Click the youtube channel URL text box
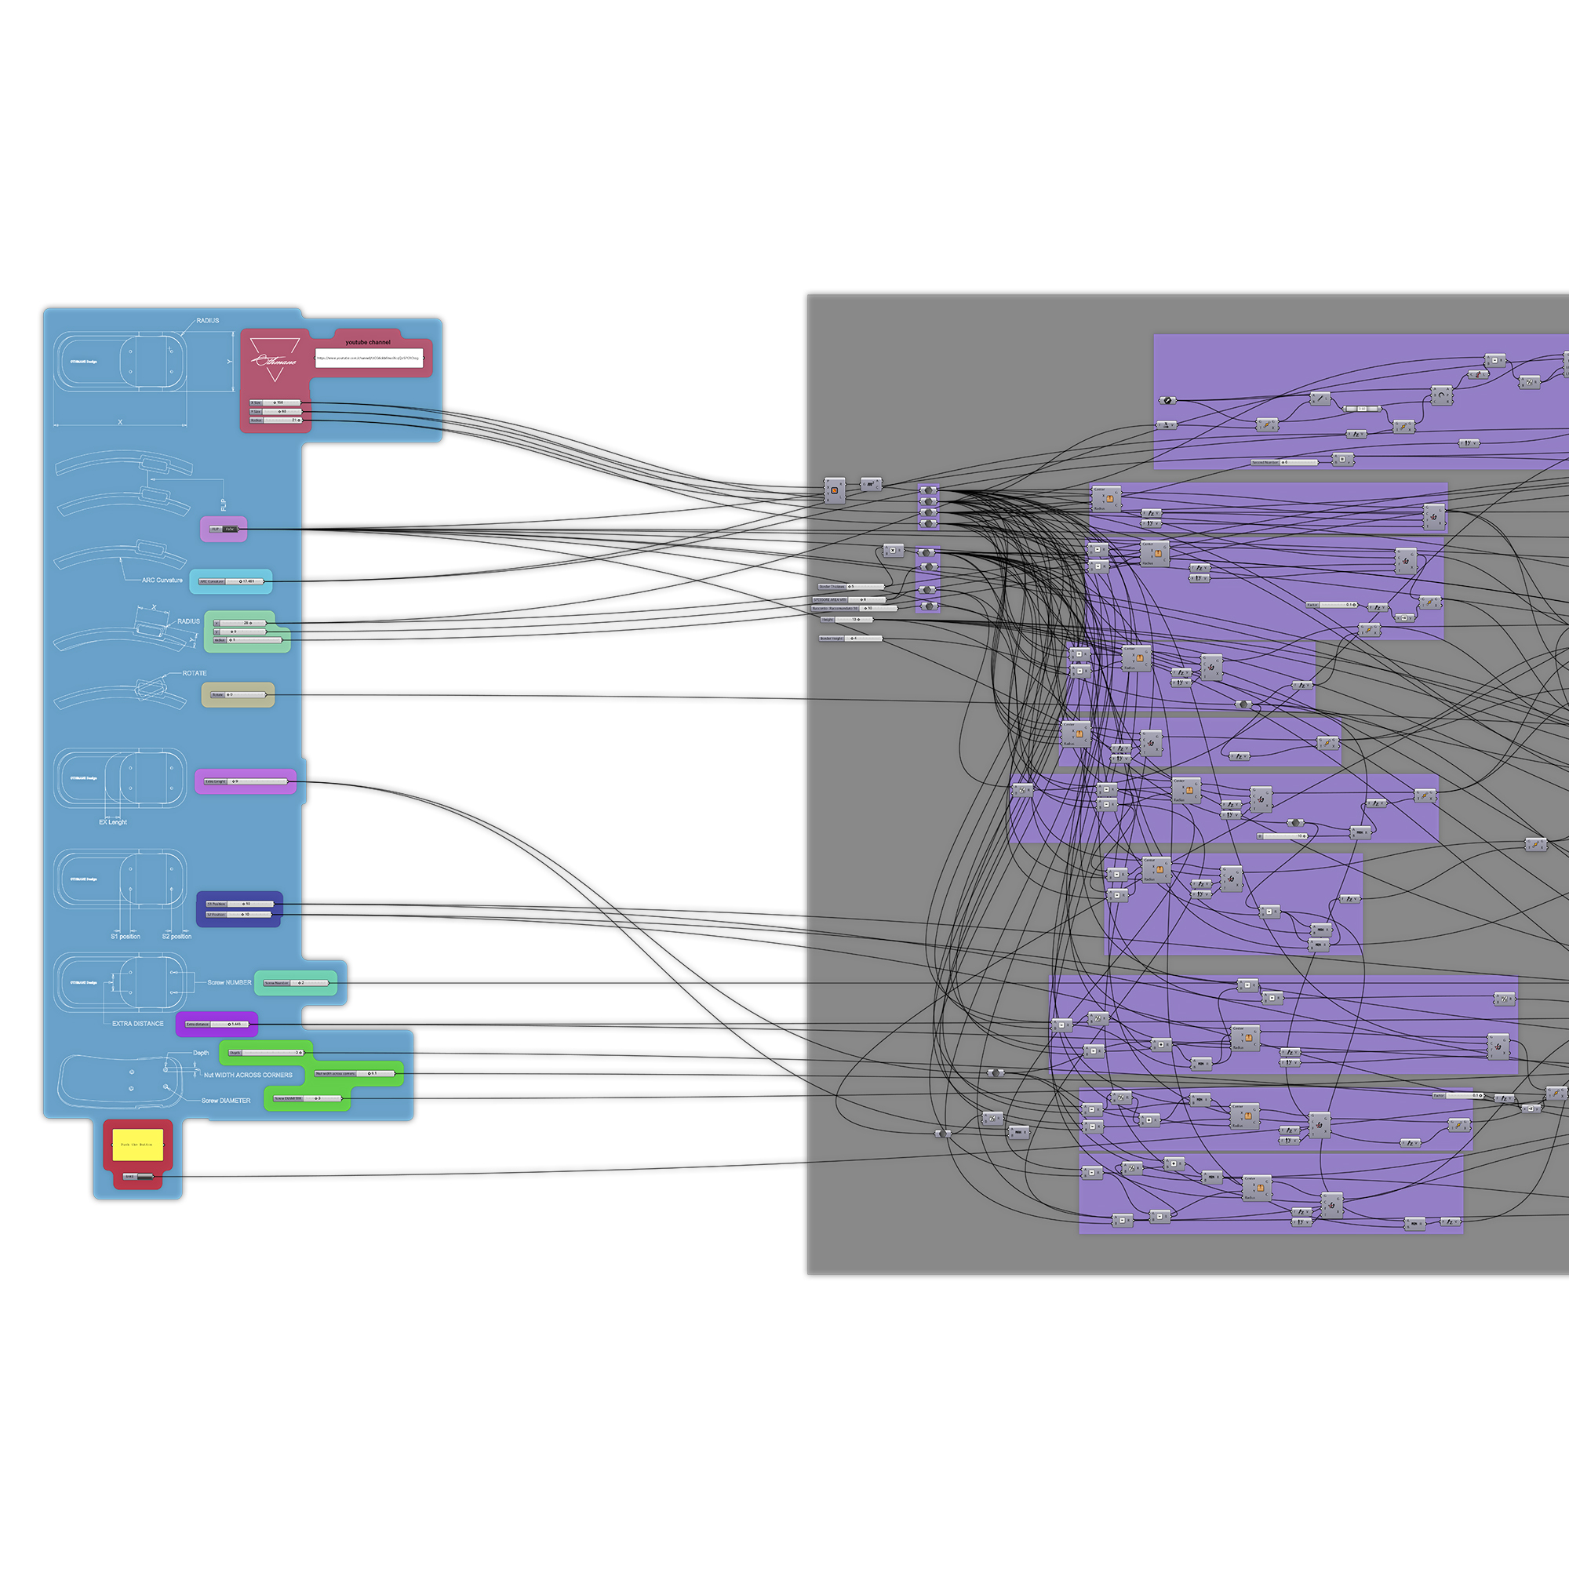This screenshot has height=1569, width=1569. pyautogui.click(x=369, y=357)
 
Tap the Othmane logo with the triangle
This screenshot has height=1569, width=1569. pyautogui.click(x=275, y=359)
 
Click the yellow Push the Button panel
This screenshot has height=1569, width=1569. pyautogui.click(x=137, y=1145)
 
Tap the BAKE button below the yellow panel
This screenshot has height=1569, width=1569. pyautogui.click(x=137, y=1176)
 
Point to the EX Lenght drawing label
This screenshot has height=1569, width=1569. pyautogui.click(x=113, y=822)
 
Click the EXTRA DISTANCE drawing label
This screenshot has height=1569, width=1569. pyautogui.click(x=137, y=1023)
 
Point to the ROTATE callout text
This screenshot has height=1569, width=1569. pyautogui.click(x=194, y=673)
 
